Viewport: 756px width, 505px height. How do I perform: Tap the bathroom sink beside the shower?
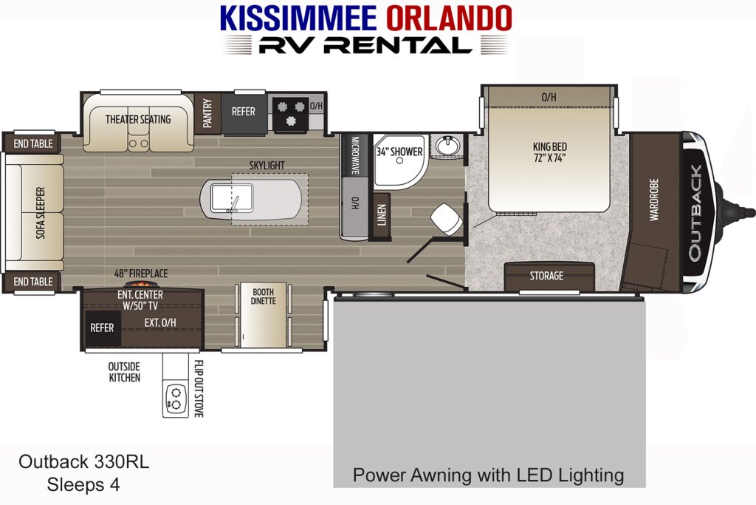[x=448, y=145]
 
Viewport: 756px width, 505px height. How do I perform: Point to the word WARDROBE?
[x=654, y=200]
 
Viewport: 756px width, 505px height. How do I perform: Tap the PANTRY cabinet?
[x=207, y=113]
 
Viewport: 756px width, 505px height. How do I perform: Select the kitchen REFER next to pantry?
[x=244, y=114]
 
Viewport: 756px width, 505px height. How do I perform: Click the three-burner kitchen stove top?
[x=291, y=114]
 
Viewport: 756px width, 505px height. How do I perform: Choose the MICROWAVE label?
[x=355, y=155]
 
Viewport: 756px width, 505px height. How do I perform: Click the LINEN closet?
[x=382, y=215]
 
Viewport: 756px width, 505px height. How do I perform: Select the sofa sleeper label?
[x=41, y=213]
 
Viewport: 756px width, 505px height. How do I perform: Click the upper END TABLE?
[x=32, y=143]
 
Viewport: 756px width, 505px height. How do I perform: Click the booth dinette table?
[x=264, y=315]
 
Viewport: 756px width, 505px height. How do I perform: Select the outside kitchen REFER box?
[x=102, y=328]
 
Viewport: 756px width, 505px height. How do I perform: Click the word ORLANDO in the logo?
[x=448, y=18]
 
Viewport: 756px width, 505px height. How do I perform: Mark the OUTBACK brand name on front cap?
[x=694, y=212]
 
